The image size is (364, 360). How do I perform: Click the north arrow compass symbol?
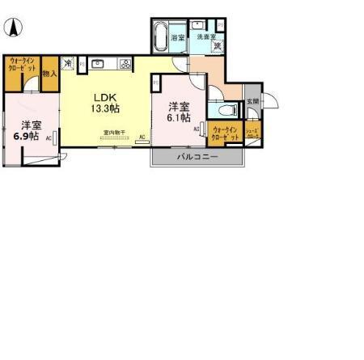(x=14, y=28)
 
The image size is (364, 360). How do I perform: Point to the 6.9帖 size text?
(x=27, y=136)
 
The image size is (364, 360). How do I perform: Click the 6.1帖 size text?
(x=180, y=117)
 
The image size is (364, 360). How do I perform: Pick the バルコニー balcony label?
(x=197, y=157)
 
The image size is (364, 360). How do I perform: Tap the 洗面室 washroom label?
(x=206, y=36)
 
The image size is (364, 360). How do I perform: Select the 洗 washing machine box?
(x=216, y=46)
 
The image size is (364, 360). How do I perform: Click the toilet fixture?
(x=227, y=110)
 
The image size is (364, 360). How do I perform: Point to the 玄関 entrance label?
(x=252, y=100)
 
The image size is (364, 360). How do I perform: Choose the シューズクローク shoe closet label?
(x=252, y=134)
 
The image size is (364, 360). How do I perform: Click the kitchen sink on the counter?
(x=99, y=64)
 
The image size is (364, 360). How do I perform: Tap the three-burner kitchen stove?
(x=125, y=64)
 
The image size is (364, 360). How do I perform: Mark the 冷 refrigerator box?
(x=69, y=61)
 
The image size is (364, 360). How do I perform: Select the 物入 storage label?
(x=50, y=74)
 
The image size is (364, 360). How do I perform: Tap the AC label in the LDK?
(x=142, y=138)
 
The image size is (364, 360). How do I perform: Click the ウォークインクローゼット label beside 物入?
(x=22, y=66)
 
